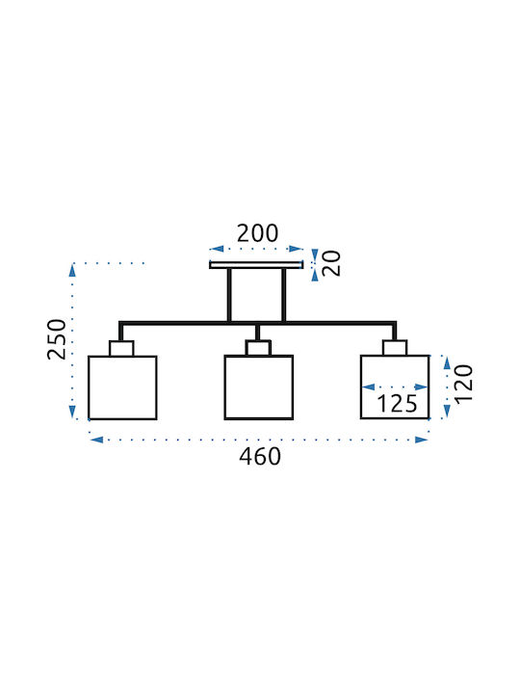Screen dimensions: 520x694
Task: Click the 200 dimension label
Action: tap(257, 233)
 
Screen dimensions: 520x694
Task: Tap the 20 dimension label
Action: tap(331, 263)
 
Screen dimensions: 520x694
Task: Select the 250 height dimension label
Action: tap(57, 339)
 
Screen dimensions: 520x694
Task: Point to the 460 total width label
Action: tap(260, 457)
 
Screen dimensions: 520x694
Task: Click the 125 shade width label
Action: tap(397, 404)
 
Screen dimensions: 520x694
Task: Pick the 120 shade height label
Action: tap(463, 384)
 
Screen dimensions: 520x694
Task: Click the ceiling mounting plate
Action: tap(256, 265)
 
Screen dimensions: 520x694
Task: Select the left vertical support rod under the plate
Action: tap(229, 295)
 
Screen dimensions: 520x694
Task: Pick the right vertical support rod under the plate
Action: tap(284, 295)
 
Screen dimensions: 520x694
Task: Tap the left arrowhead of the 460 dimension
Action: tap(96, 440)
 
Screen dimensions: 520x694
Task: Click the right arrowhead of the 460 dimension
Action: tap(422, 440)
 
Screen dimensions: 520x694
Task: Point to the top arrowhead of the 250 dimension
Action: tap(72, 271)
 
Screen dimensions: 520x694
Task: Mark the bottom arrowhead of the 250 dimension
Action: tap(72, 412)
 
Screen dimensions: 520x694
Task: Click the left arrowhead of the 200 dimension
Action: tap(217, 249)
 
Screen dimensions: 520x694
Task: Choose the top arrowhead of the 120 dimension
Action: tap(447, 362)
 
